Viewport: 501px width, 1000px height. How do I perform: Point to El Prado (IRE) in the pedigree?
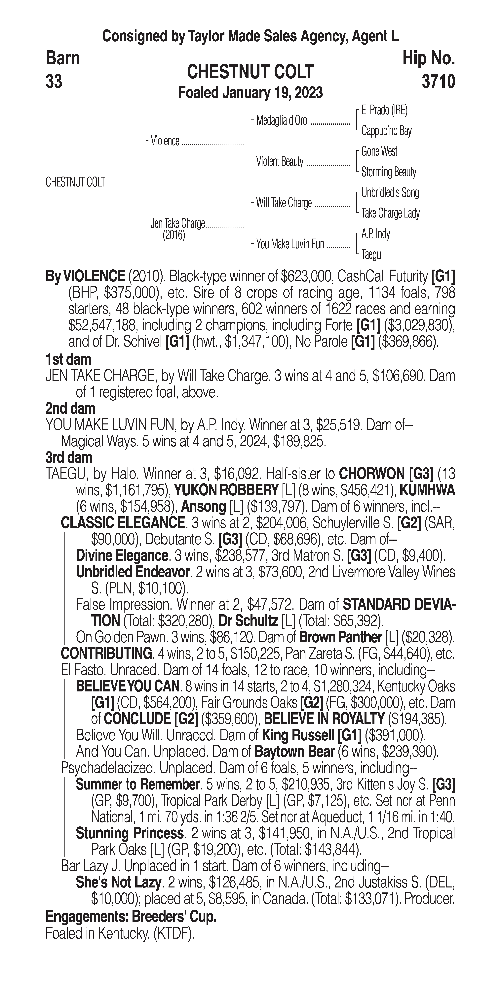tap(384, 111)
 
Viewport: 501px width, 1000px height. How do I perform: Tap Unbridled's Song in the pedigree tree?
tap(390, 193)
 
